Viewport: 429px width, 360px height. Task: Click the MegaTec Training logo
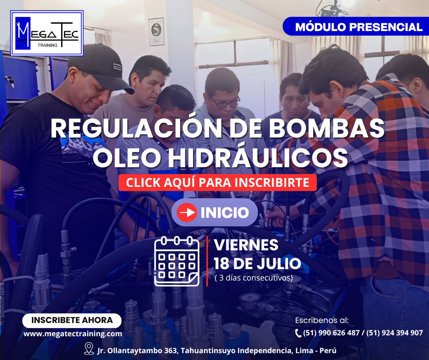(47, 33)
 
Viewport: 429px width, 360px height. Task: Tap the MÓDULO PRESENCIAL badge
(356, 26)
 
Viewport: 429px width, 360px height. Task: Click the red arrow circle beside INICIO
(187, 212)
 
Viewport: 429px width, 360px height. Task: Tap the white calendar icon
(177, 261)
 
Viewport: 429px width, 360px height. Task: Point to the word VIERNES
(246, 245)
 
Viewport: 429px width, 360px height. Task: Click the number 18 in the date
(221, 264)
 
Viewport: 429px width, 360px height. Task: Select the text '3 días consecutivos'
(254, 278)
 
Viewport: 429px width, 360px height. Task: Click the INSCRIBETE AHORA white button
(72, 320)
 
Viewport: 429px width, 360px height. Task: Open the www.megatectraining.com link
(73, 334)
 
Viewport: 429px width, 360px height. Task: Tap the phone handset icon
(298, 333)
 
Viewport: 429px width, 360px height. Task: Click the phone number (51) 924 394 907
(394, 333)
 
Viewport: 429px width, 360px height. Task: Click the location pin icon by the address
(89, 348)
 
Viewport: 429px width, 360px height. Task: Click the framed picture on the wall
(157, 32)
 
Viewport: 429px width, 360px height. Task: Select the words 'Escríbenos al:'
(322, 320)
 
